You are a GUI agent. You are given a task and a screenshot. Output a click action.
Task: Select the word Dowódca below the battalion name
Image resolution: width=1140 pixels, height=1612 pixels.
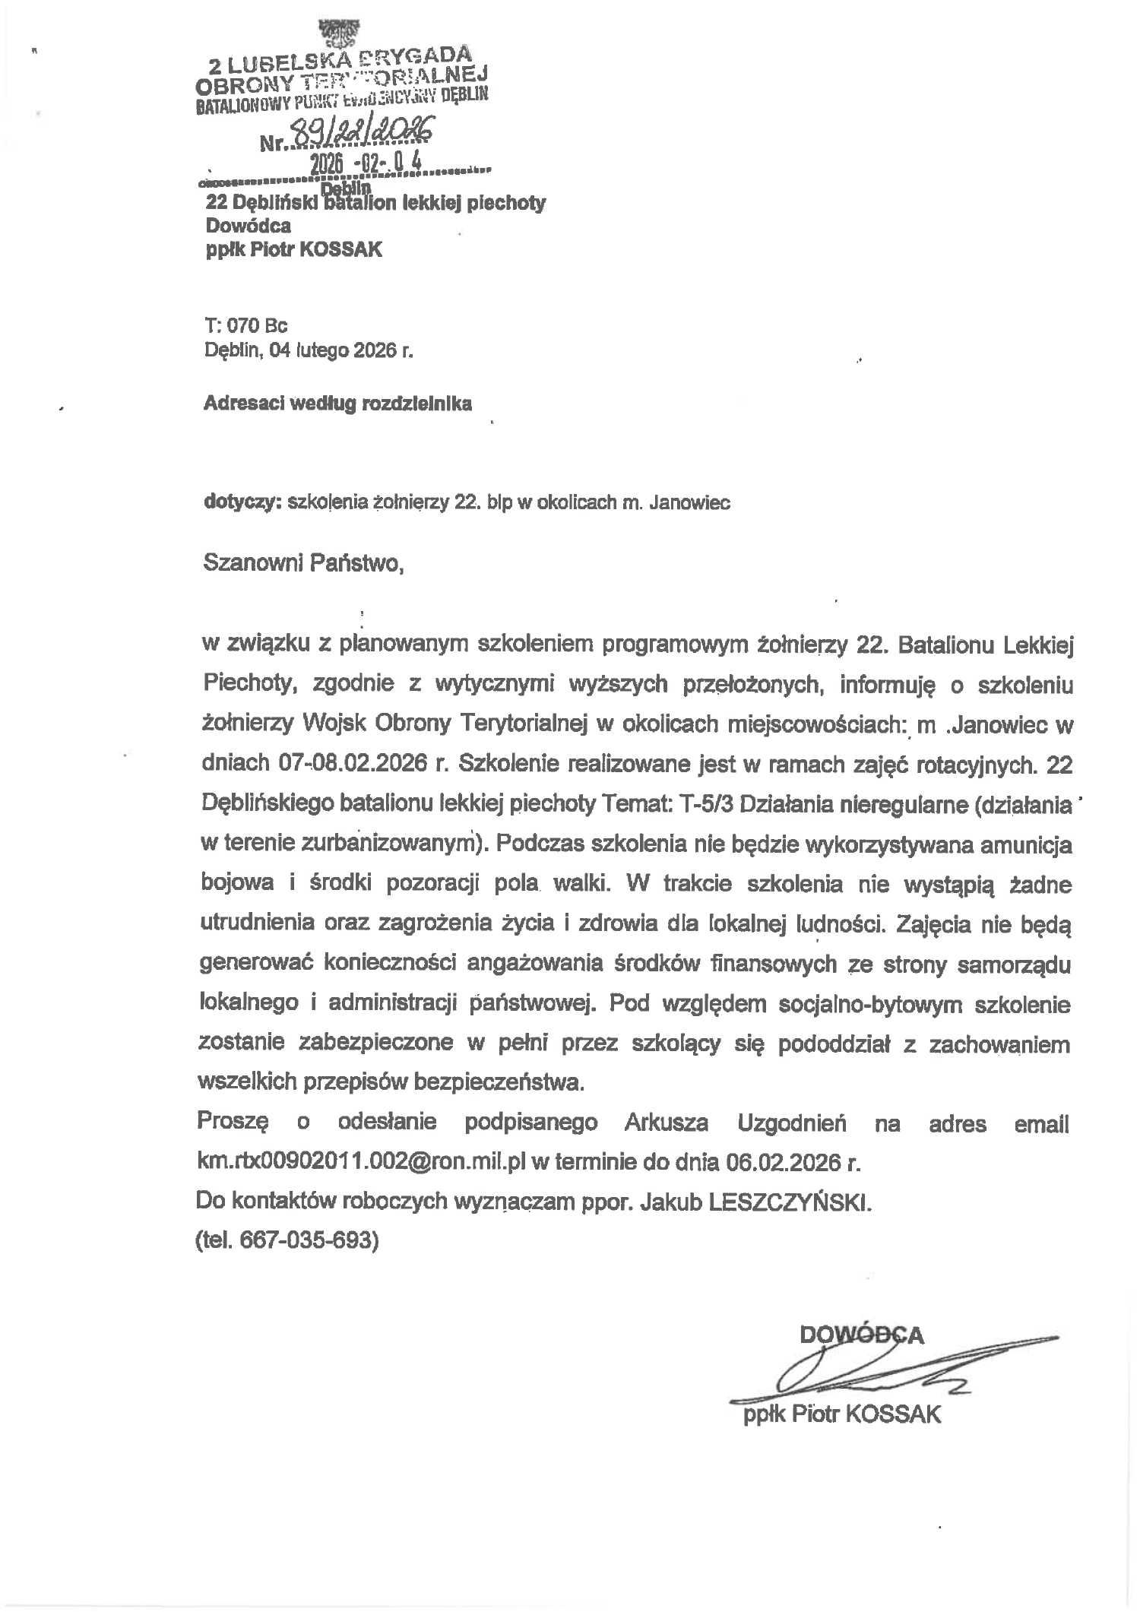(x=249, y=226)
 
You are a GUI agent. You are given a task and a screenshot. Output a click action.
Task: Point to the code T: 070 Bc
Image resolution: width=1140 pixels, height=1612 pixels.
(x=245, y=326)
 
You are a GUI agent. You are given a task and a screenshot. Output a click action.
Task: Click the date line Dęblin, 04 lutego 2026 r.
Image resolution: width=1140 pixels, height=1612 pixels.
(x=309, y=350)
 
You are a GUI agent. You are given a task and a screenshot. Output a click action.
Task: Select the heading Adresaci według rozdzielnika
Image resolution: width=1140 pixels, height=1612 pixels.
(x=337, y=404)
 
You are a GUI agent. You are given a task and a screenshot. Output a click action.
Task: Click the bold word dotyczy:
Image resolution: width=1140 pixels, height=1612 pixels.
(x=243, y=502)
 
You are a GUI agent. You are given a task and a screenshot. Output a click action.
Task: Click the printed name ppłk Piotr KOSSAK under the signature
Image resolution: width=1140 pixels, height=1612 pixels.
(x=842, y=1414)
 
